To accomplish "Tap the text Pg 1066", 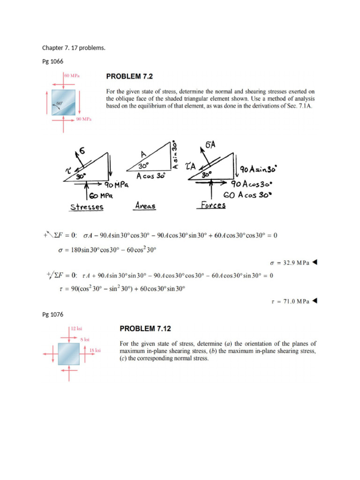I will tap(52, 61).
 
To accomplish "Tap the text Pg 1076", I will tap(52, 314).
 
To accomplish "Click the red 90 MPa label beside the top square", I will tap(83, 120).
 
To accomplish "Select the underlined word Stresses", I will tap(87, 207).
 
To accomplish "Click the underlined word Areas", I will tap(145, 205).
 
